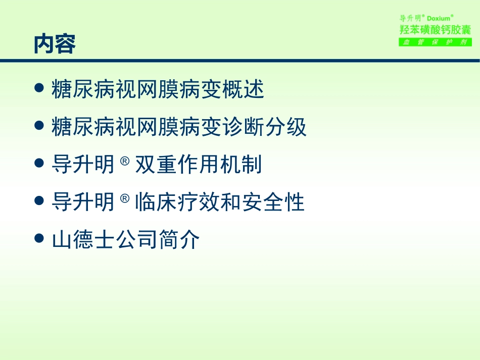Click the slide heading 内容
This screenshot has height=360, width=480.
[55, 45]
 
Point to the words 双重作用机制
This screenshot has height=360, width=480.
[198, 165]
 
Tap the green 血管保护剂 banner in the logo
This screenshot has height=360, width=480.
[435, 42]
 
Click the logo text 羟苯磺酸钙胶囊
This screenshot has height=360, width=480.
[435, 29]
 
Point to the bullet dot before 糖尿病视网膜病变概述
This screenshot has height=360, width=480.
[39, 89]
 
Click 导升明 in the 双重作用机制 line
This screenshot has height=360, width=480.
[83, 165]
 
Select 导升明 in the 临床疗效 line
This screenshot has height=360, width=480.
[83, 202]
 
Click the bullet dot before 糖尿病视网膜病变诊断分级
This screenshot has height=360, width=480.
[39, 127]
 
